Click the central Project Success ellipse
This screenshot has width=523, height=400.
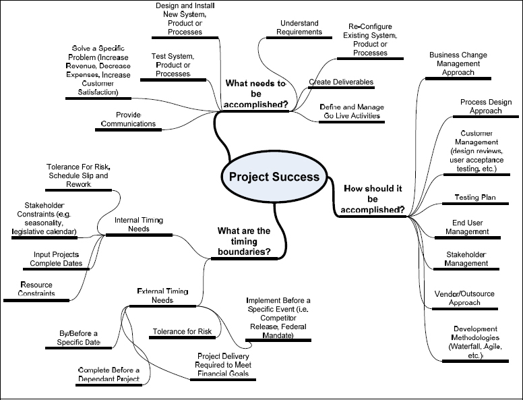pyautogui.click(x=274, y=177)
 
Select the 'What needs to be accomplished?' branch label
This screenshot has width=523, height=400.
pyautogui.click(x=256, y=94)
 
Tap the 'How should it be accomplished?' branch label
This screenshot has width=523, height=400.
pyautogui.click(x=373, y=198)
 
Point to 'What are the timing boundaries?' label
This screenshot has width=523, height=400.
pyautogui.click(x=244, y=241)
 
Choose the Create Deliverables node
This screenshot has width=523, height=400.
pyautogui.click(x=341, y=82)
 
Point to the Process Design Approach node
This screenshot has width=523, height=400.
pyautogui.click(x=481, y=107)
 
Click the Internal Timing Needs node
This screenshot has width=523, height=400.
pyautogui.click(x=140, y=225)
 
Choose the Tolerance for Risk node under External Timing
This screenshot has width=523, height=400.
pyautogui.click(x=181, y=332)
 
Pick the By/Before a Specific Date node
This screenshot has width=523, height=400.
pyautogui.click(x=78, y=339)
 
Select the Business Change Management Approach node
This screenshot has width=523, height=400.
pyautogui.click(x=458, y=64)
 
